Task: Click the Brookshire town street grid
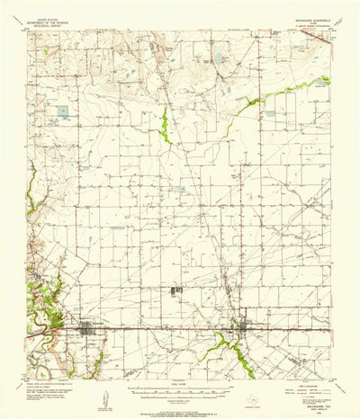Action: click(x=90, y=330)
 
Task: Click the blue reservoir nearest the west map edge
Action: click(x=62, y=112)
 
